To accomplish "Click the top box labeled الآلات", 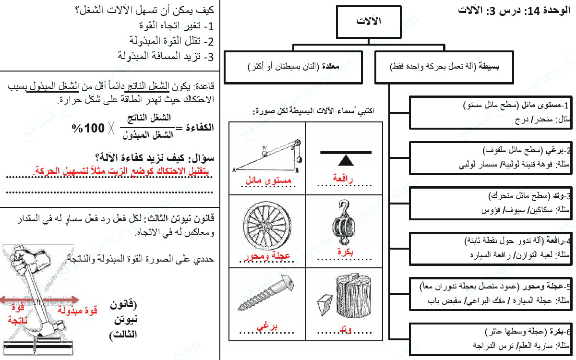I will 368,22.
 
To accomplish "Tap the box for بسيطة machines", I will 444,66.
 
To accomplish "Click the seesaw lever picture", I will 346,156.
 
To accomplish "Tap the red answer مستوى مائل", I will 268,181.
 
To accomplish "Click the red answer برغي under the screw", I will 267,327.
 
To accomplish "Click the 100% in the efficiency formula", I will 88,128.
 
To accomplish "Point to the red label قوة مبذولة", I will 77,311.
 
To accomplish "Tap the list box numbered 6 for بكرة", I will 490,338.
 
